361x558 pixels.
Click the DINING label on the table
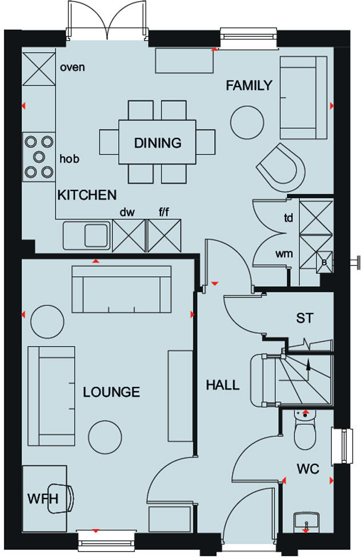pyautogui.click(x=157, y=143)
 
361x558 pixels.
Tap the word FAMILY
pyautogui.click(x=248, y=86)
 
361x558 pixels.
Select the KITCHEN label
pyautogui.click(x=87, y=195)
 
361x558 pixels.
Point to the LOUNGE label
pyautogui.click(x=111, y=392)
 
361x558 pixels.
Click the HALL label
pyautogui.click(x=223, y=385)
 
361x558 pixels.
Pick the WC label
pyautogui.click(x=308, y=469)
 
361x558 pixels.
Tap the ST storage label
pyautogui.click(x=304, y=318)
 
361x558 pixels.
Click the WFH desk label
pyautogui.click(x=43, y=499)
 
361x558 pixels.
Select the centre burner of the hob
pyautogui.click(x=39, y=156)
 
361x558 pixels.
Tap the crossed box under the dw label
pyautogui.click(x=129, y=235)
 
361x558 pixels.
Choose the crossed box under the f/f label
pyautogui.click(x=164, y=235)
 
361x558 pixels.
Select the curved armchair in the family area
pyautogui.click(x=280, y=166)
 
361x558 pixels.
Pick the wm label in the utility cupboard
pyautogui.click(x=284, y=253)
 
